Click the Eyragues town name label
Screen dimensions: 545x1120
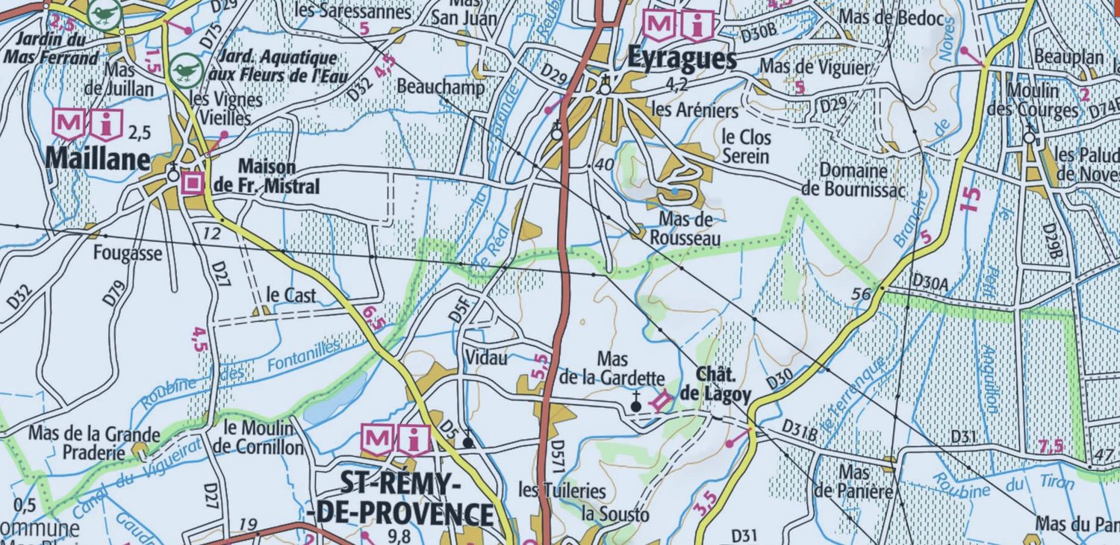682,58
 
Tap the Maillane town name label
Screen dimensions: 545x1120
98,158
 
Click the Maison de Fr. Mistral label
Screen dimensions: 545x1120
267,177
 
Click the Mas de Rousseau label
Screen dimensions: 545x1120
685,228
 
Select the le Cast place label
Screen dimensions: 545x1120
290,295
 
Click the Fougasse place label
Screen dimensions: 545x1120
127,254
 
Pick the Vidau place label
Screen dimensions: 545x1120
485,358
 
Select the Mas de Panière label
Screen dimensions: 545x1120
853,482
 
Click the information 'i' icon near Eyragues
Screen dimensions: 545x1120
699,26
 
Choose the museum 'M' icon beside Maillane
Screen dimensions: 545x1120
69,125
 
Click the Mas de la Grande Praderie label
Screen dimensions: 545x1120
94,443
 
